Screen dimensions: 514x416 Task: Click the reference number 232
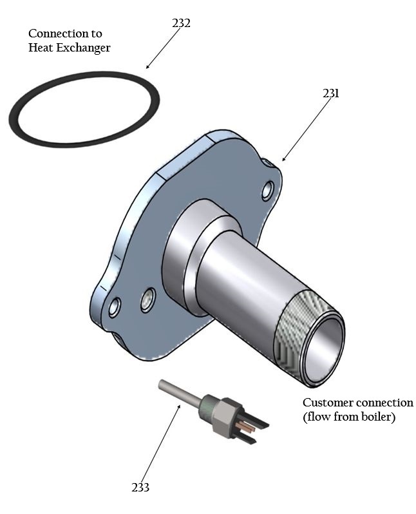[182, 23]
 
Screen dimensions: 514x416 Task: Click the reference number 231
[331, 93]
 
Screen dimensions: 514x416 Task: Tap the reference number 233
[140, 488]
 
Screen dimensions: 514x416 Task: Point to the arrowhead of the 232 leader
[147, 68]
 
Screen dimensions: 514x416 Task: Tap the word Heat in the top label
[41, 48]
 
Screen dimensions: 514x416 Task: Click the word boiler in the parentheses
[378, 417]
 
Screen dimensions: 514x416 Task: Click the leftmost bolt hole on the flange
[115, 307]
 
